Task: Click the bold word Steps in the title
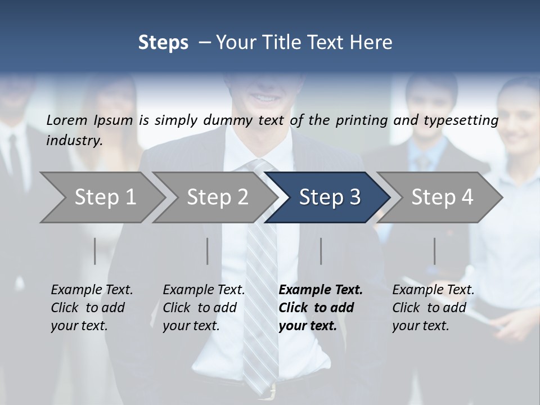point(163,43)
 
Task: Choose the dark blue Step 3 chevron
point(329,197)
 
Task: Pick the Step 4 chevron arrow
point(442,197)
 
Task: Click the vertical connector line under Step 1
point(94,251)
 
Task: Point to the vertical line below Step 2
point(208,251)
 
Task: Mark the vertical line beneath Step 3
point(321,251)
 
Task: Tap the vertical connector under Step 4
point(434,251)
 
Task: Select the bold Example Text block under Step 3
point(321,308)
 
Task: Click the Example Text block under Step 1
point(92,308)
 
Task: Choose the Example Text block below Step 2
point(204,308)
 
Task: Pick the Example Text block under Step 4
point(433,308)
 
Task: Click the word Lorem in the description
point(67,120)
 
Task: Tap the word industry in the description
point(74,141)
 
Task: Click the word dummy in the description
point(227,120)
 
